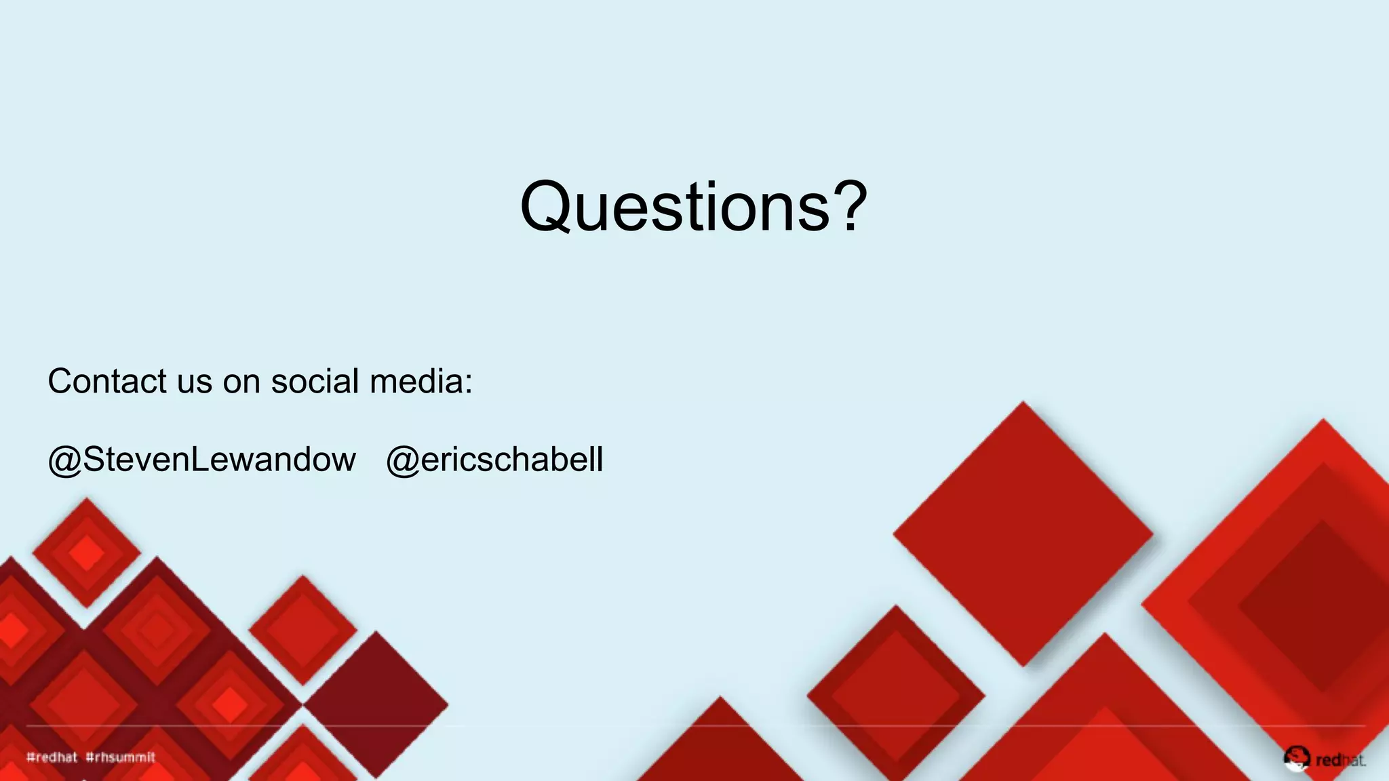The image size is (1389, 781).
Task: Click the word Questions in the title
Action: [675, 207]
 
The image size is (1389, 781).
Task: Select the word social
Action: [315, 381]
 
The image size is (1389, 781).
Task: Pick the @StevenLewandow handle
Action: [201, 460]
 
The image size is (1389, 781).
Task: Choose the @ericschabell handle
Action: [494, 460]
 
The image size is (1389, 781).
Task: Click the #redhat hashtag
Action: [52, 757]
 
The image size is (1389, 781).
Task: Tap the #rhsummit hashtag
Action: [121, 757]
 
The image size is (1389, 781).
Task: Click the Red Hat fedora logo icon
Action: [1296, 758]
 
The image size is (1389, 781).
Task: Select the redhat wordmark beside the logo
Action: [1340, 761]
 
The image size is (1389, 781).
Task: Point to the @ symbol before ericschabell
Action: [403, 461]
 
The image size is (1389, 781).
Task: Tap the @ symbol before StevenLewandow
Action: [64, 461]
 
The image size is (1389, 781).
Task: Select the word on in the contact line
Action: [241, 382]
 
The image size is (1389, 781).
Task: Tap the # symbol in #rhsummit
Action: [90, 757]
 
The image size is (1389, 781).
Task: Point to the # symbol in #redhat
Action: [30, 757]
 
